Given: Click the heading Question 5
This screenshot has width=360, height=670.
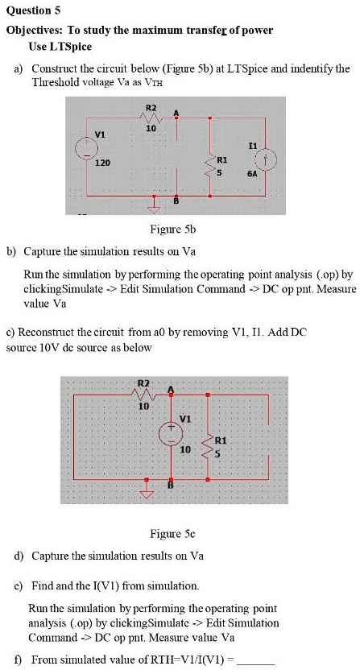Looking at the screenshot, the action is point(33,10).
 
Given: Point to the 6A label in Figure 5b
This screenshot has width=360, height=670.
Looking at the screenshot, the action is point(251,174).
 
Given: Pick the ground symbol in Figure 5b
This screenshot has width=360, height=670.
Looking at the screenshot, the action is point(155,206).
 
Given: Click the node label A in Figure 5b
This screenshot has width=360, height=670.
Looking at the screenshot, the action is point(176,113).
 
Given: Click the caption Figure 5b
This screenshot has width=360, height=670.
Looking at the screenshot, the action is point(172,230).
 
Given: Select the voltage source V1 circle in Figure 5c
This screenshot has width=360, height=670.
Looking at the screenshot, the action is point(171,434).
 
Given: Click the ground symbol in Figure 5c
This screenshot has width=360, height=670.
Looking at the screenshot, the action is point(147,490).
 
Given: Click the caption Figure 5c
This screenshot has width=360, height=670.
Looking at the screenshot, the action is point(172,533).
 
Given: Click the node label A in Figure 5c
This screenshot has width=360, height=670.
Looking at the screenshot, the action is point(172,389).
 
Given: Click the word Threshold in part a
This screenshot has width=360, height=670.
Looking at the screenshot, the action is point(56,82).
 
